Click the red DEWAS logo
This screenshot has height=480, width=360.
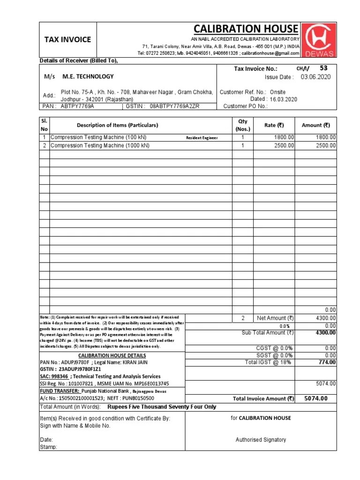point(319,39)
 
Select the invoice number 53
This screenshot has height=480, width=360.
point(323,68)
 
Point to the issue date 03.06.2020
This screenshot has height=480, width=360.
point(315,77)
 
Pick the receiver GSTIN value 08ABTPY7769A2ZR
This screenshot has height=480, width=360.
point(174,106)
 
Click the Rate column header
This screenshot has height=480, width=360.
point(274,125)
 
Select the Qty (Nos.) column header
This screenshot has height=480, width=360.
point(243,125)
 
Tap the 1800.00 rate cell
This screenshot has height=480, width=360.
point(285,137)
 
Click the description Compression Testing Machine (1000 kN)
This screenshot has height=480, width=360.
point(100,146)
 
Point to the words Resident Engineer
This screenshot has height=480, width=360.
point(202,138)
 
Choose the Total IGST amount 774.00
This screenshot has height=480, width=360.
point(327,362)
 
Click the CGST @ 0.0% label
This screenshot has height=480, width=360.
point(276,348)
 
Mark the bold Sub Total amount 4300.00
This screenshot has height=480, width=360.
point(326,333)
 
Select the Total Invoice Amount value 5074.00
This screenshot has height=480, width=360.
point(316,398)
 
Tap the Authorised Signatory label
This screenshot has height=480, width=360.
point(261,440)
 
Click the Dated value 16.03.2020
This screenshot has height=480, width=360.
point(283,99)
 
